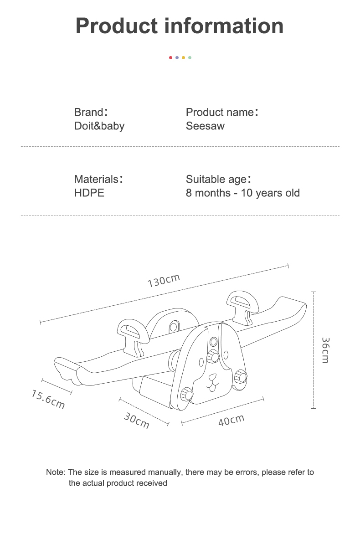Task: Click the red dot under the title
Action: [170, 57]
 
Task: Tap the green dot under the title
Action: [190, 57]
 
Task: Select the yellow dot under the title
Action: [183, 57]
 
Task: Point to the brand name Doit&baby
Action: [99, 126]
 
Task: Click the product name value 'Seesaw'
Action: [205, 126]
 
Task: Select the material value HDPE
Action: [89, 193]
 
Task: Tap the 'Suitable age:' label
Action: [218, 179]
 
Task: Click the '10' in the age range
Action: [247, 193]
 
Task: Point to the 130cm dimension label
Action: [164, 280]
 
